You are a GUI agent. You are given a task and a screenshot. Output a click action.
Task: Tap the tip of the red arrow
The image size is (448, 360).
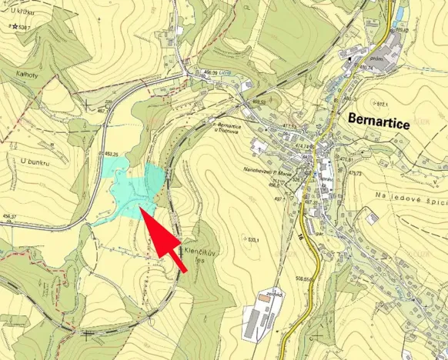[141, 208]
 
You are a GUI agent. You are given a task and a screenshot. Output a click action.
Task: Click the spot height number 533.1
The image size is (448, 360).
[252, 240]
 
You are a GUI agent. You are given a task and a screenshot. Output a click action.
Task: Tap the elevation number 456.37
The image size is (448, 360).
[9, 216]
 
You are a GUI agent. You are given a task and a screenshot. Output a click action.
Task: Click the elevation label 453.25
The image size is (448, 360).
[112, 154]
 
